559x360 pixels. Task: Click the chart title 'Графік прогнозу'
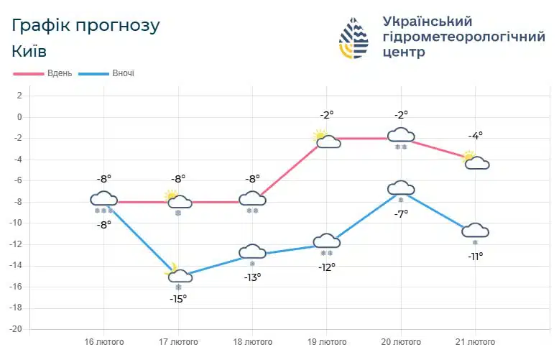pyautogui.click(x=86, y=25)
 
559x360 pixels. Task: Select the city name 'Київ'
pyautogui.click(x=29, y=51)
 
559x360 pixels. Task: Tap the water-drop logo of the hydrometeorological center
pyautogui.click(x=354, y=37)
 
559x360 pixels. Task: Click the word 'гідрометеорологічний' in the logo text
pyautogui.click(x=463, y=37)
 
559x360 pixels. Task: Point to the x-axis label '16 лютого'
pyautogui.click(x=103, y=341)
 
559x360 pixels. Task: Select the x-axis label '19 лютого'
pyautogui.click(x=326, y=341)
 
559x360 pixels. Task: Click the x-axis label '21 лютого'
pyautogui.click(x=475, y=341)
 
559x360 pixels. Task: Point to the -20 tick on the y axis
pyautogui.click(x=17, y=329)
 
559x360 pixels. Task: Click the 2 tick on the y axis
pyautogui.click(x=20, y=96)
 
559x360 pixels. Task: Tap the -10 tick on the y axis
pyautogui.click(x=17, y=223)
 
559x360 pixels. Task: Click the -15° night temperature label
pyautogui.click(x=178, y=298)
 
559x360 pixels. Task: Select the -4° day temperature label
pyautogui.click(x=476, y=135)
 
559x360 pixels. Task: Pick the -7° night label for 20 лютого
pyautogui.click(x=401, y=213)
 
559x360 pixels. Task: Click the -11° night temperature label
pyautogui.click(x=476, y=256)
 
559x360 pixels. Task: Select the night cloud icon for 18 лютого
pyautogui.click(x=252, y=251)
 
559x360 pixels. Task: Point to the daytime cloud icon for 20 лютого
pyautogui.click(x=401, y=134)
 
